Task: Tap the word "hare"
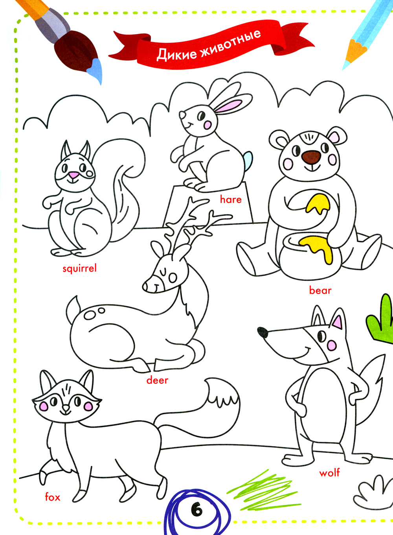tap(231, 199)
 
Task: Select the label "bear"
tap(320, 291)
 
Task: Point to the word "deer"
tap(157, 380)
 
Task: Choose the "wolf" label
tap(329, 473)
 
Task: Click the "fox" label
tap(53, 497)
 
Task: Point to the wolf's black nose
tap(263, 332)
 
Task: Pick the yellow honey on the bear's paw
tap(318, 203)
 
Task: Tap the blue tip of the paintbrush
tap(95, 70)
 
